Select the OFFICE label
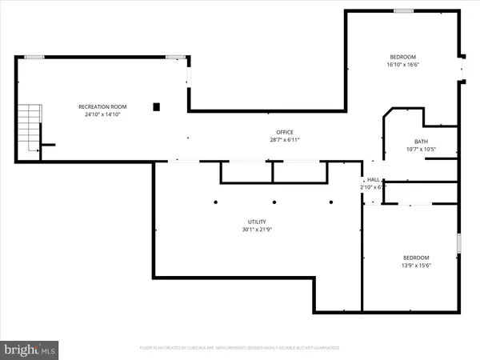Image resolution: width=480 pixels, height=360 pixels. pyautogui.click(x=285, y=132)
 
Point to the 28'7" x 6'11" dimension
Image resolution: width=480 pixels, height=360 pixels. pyautogui.click(x=285, y=140)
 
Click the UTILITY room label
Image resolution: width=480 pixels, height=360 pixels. pyautogui.click(x=257, y=222)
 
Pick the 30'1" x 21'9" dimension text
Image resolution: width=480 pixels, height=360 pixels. pyautogui.click(x=257, y=230)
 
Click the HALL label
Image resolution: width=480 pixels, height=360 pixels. pyautogui.click(x=374, y=180)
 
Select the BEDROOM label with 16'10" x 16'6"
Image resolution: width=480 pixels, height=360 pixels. pyautogui.click(x=402, y=57)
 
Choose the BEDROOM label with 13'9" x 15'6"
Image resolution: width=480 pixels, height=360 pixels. pyautogui.click(x=415, y=257)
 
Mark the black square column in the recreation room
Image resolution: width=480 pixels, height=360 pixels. pyautogui.click(x=157, y=106)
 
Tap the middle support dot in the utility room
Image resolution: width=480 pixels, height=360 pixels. pyautogui.click(x=274, y=202)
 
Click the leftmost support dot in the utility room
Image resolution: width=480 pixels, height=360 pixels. pyautogui.click(x=215, y=202)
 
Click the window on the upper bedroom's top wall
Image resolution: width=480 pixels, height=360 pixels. pyautogui.click(x=403, y=10)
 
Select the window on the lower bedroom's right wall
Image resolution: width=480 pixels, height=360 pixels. pyautogui.click(x=458, y=244)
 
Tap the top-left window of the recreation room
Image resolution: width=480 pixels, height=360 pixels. pyautogui.click(x=34, y=57)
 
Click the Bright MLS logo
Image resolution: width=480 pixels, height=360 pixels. pyautogui.click(x=30, y=349)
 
